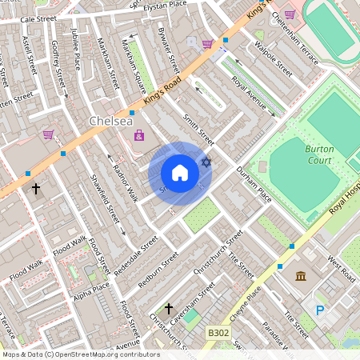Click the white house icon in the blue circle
(x=180, y=173)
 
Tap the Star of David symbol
(x=206, y=163)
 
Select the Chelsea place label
(x=106, y=121)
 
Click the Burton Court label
(x=318, y=154)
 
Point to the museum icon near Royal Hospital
(x=301, y=277)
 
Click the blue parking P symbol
(x=321, y=310)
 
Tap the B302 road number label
(x=218, y=332)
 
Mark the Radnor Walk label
(x=126, y=187)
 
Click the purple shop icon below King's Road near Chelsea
(x=140, y=135)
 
